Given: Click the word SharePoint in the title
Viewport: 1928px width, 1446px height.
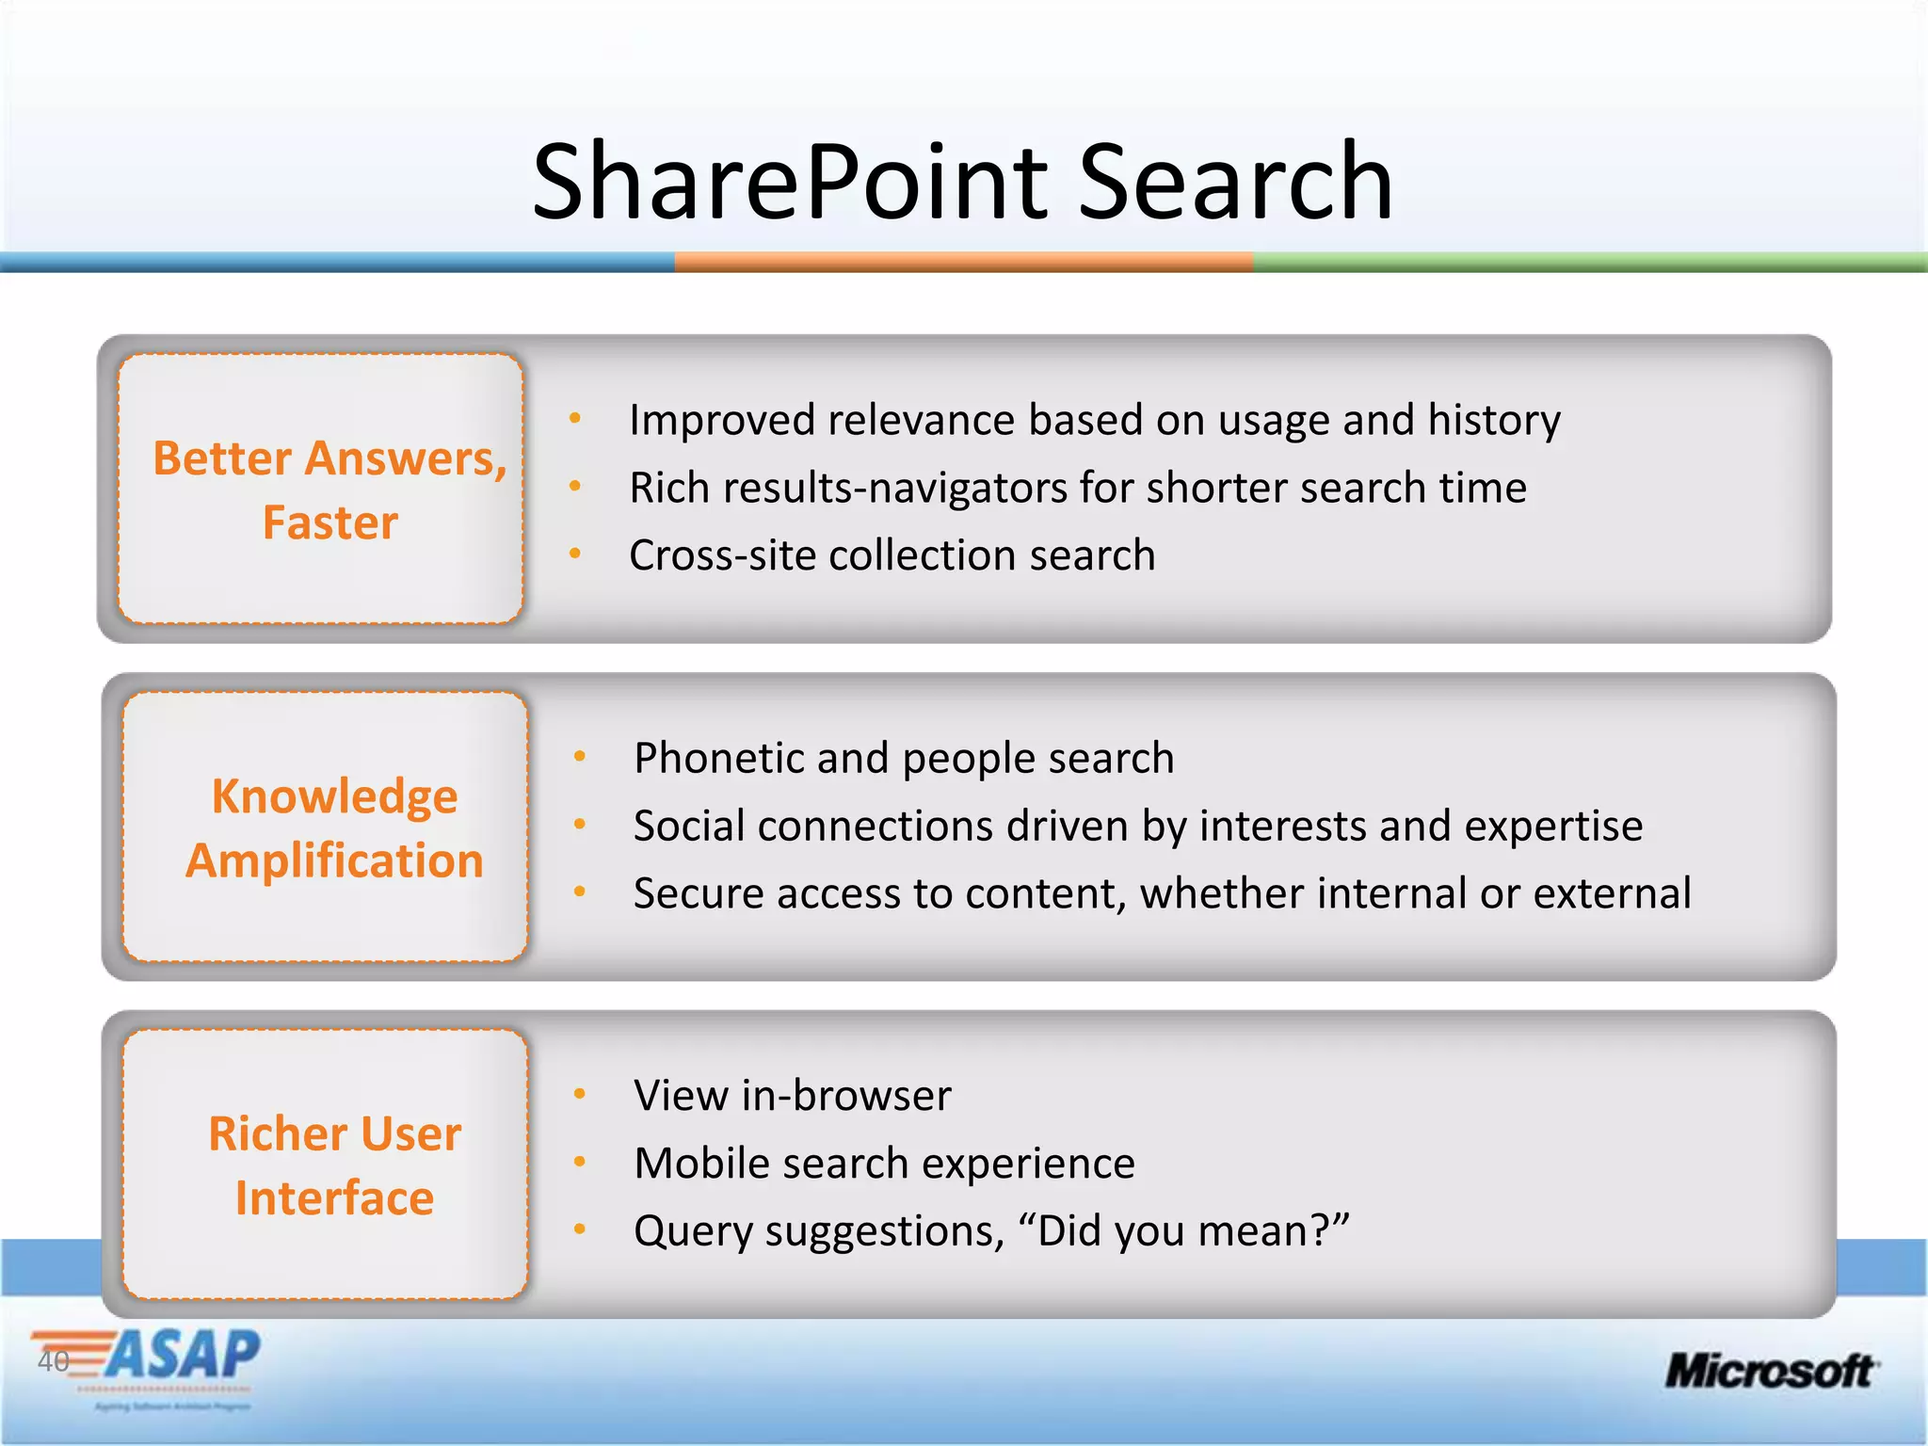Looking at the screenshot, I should click(789, 182).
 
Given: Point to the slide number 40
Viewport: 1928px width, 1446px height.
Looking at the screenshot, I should click(53, 1361).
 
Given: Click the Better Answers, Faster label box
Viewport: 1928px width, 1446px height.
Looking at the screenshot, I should click(321, 490).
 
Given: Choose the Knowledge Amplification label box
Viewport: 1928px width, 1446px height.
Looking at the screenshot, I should click(326, 827).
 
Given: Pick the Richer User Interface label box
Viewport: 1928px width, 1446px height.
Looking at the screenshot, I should click(326, 1165).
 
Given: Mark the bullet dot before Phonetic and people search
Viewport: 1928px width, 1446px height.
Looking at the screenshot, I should click(580, 756).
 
